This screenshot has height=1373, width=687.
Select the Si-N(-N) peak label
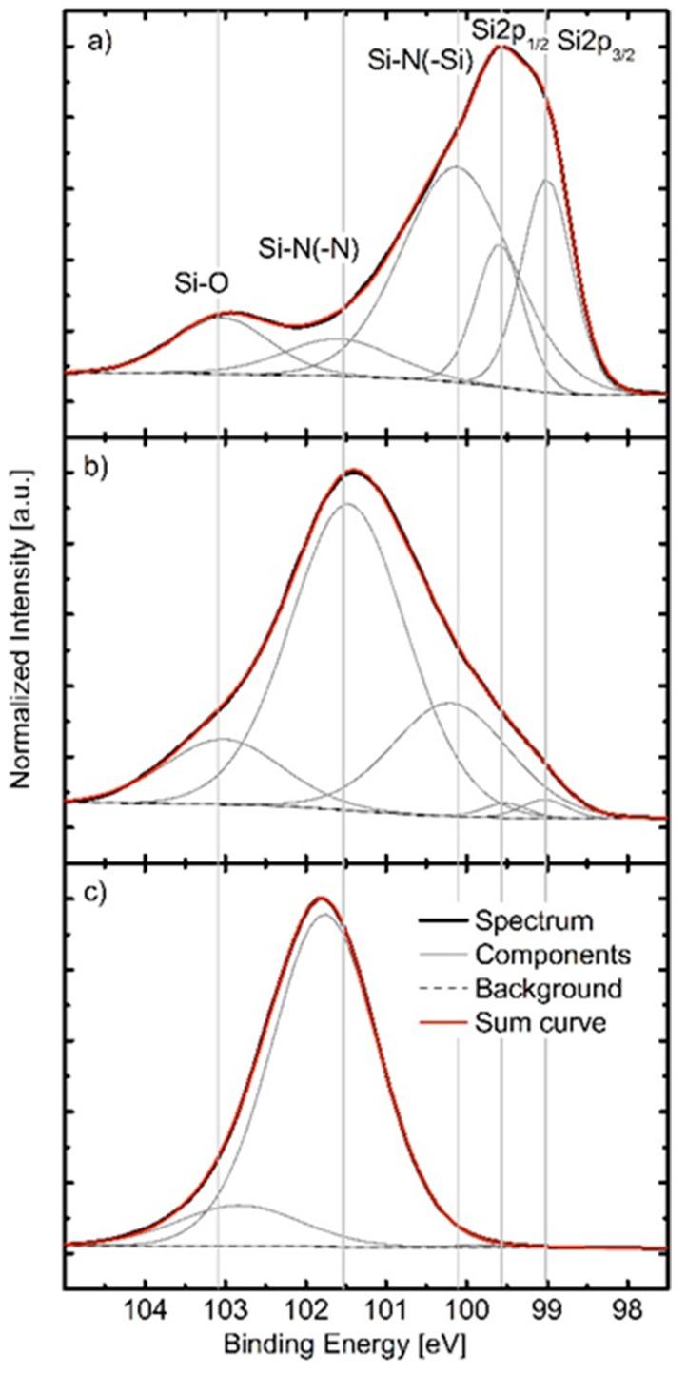[307, 246]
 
